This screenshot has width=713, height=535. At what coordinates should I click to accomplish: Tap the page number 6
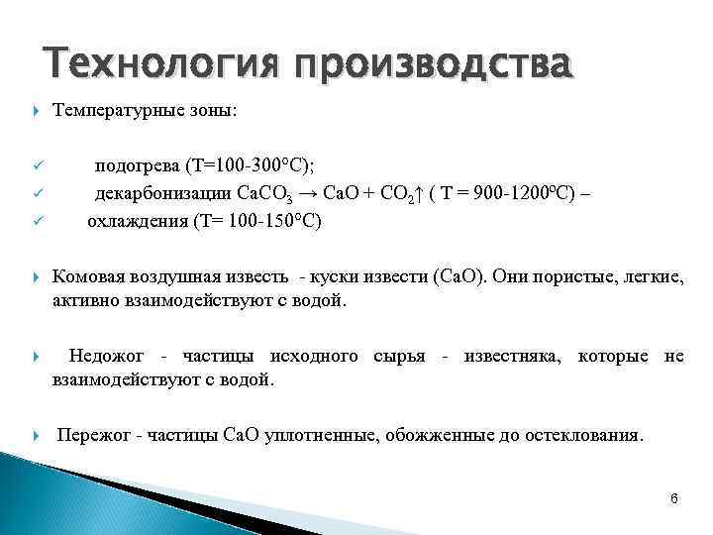pos(673,498)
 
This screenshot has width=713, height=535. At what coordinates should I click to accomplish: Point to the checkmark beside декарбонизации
pos(36,193)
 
